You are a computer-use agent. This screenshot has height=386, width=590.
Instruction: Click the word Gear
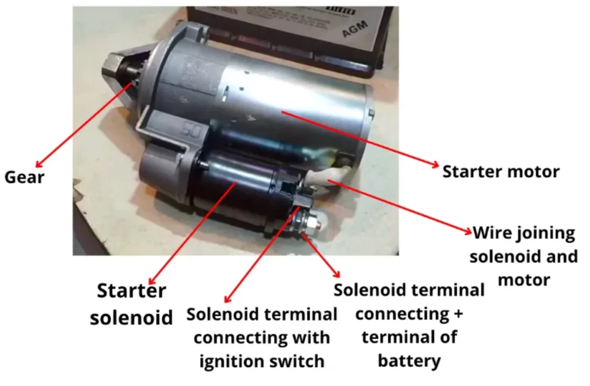click(x=24, y=176)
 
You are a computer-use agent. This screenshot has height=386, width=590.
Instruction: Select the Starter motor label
click(x=501, y=171)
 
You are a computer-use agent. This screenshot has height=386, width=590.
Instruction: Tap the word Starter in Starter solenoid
click(x=132, y=291)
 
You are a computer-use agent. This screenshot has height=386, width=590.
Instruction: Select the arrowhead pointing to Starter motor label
click(x=435, y=165)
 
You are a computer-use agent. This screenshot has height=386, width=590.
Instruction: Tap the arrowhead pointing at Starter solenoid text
click(x=152, y=282)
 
